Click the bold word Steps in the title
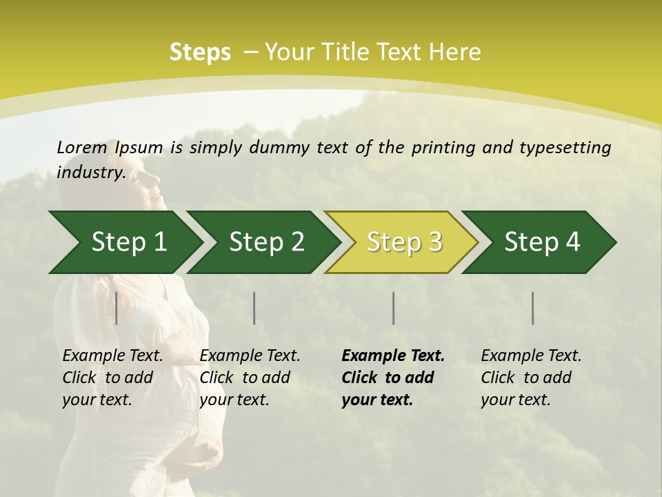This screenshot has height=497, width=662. pyautogui.click(x=200, y=52)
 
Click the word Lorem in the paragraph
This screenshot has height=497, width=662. pyautogui.click(x=81, y=147)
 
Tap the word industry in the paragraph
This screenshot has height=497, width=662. pyautogui.click(x=90, y=173)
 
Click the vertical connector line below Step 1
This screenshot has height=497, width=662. pyautogui.click(x=117, y=308)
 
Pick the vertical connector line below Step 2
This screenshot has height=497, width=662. pyautogui.click(x=254, y=308)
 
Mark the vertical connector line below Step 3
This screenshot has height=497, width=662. pyautogui.click(x=393, y=308)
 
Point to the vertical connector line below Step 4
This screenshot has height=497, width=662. pyautogui.click(x=532, y=308)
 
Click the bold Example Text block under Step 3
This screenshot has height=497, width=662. pyautogui.click(x=392, y=378)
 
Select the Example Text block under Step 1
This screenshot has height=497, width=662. pyautogui.click(x=112, y=378)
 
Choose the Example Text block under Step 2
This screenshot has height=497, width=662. pyautogui.click(x=250, y=378)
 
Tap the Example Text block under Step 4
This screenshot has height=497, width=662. pyautogui.click(x=530, y=378)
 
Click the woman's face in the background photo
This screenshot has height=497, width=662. pyautogui.click(x=149, y=186)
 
